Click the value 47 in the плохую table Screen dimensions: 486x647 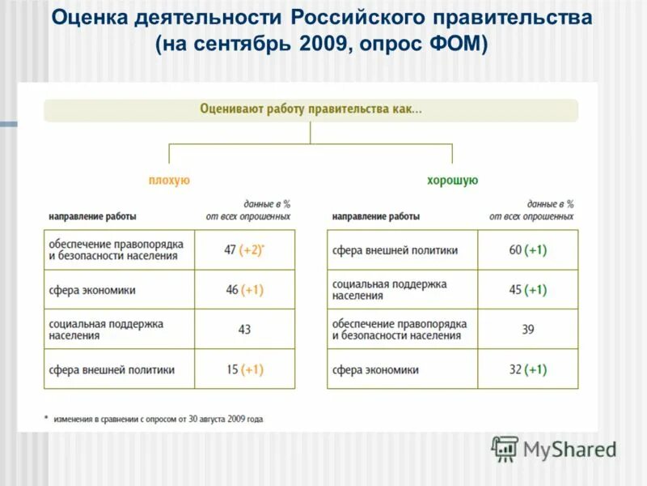coord(230,250)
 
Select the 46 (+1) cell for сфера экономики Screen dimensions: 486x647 coord(244,290)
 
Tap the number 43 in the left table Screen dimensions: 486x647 coord(244,330)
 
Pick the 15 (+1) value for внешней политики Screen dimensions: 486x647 coord(244,369)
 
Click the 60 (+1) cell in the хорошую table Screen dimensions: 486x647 coord(527,250)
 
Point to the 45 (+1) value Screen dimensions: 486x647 coord(527,290)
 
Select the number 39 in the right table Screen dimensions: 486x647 coord(527,330)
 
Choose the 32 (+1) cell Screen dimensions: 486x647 coord(527,369)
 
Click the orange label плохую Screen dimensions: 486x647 coord(169,181)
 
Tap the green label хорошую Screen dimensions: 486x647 coord(453,181)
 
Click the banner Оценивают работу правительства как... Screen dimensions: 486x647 coord(311,110)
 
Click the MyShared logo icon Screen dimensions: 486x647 coord(505,449)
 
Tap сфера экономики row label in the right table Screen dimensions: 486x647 coord(375,370)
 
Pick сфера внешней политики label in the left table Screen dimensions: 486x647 coord(112,370)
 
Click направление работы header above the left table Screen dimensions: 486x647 coord(92,217)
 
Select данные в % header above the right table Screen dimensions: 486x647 coord(550,205)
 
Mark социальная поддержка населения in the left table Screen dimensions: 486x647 coord(106,329)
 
